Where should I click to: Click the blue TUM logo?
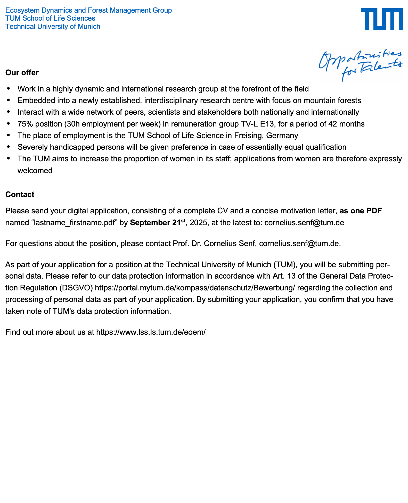pyautogui.click(x=382, y=19)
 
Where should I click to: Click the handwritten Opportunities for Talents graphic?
pyautogui.click(x=360, y=65)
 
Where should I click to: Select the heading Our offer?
pyautogui.click(x=22, y=73)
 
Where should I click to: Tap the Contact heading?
pyautogui.click(x=20, y=195)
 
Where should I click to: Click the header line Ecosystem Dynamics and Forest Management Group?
pyautogui.click(x=88, y=10)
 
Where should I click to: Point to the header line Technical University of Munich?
pyautogui.click(x=53, y=27)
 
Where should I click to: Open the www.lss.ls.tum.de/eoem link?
pyautogui.click(x=151, y=332)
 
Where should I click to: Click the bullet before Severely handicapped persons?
pyautogui.click(x=9, y=147)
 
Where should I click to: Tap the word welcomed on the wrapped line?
pyautogui.click(x=35, y=171)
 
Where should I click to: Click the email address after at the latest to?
pyautogui.click(x=304, y=223)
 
